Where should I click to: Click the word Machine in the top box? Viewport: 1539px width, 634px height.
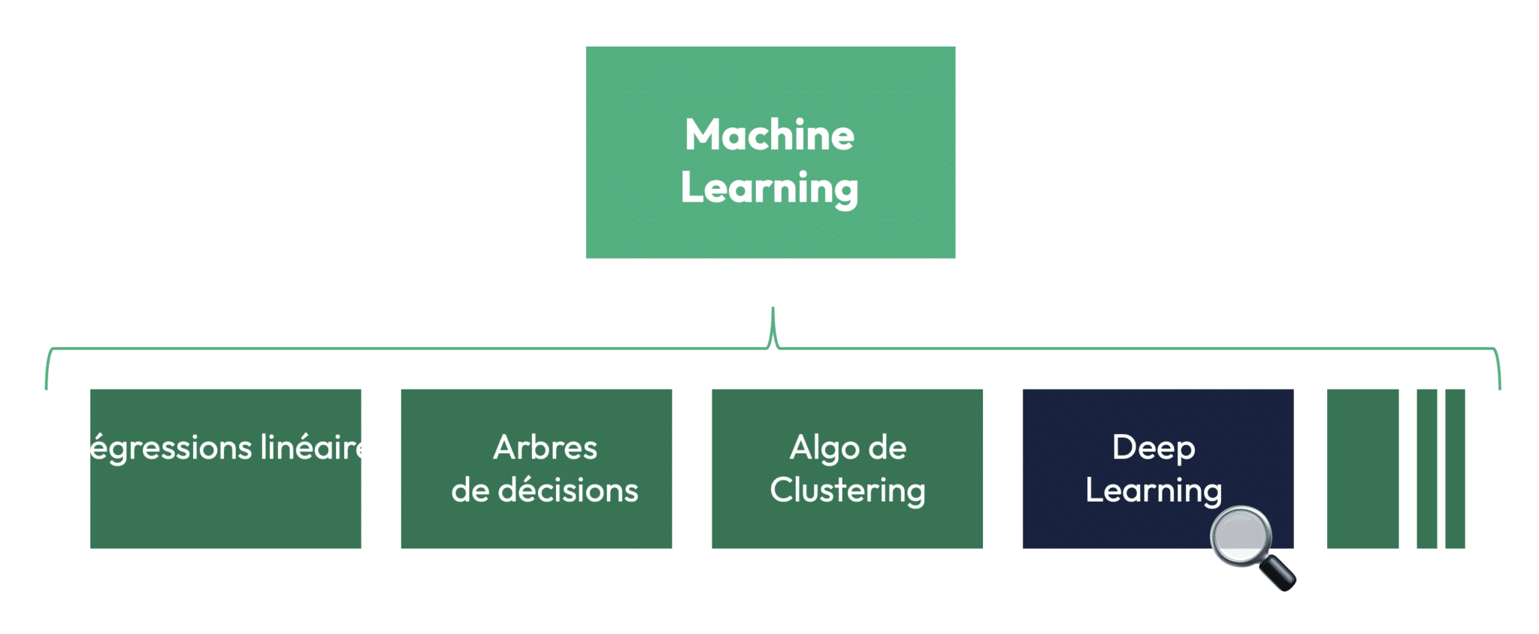click(769, 135)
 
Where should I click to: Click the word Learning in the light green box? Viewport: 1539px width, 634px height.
click(769, 188)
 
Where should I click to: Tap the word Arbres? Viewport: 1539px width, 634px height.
click(545, 447)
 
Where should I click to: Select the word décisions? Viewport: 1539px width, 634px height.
click(568, 490)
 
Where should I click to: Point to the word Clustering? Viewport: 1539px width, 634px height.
click(848, 491)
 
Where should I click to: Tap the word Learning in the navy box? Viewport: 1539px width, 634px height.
click(1153, 491)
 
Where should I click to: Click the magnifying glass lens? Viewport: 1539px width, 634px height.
click(1241, 536)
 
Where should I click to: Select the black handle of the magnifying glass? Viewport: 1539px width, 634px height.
click(1278, 573)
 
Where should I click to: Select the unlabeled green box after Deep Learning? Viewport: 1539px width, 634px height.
click(1362, 469)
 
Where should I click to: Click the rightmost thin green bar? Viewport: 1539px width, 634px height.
click(1455, 469)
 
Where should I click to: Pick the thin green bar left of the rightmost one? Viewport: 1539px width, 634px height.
click(1426, 469)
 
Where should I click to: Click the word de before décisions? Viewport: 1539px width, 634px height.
click(470, 490)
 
